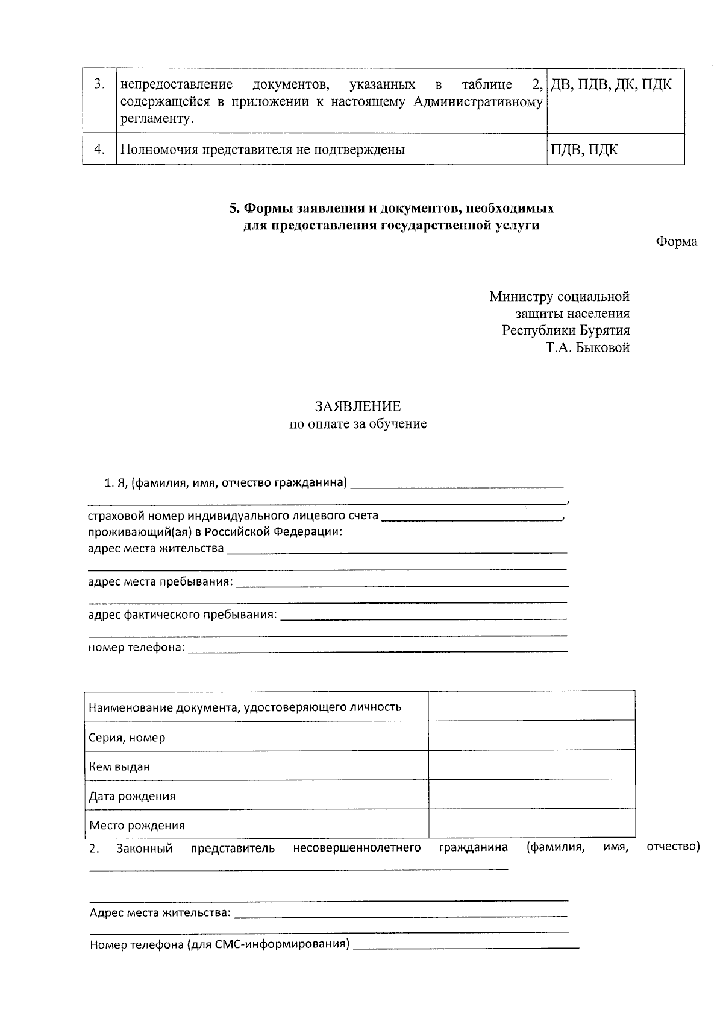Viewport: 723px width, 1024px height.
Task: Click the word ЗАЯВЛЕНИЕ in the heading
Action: click(357, 406)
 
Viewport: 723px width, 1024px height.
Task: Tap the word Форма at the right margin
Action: click(676, 242)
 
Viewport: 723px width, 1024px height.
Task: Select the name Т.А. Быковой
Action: click(587, 347)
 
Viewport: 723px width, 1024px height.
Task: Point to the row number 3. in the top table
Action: click(99, 84)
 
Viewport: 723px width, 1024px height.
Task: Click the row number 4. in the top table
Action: click(99, 150)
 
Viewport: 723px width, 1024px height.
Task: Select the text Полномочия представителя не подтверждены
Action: click(262, 150)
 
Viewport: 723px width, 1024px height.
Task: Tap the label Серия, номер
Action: click(127, 738)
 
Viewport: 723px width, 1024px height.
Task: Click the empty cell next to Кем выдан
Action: click(531, 764)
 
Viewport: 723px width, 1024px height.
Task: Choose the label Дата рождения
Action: click(132, 796)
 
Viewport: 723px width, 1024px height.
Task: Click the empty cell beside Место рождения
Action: click(531, 823)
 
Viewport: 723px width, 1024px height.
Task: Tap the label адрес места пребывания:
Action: click(160, 582)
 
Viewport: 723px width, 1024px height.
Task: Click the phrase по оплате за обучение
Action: click(358, 424)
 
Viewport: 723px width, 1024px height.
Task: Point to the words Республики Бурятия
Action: click(566, 330)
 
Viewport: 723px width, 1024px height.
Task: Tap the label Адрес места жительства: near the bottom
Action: click(160, 912)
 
